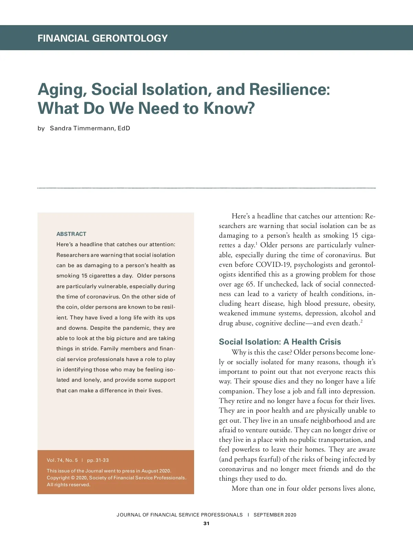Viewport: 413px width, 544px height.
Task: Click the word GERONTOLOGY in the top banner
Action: point(130,38)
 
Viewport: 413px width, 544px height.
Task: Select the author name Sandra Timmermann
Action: point(82,129)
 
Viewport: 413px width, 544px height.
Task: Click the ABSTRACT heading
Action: point(71,234)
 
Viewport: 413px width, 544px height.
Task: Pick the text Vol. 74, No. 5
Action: point(62,460)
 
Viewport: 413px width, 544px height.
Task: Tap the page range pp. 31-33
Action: point(98,460)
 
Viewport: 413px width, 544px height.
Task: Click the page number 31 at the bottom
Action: point(206,524)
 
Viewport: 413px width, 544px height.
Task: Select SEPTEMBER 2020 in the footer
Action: point(275,515)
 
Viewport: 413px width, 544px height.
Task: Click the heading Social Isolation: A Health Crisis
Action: point(280,342)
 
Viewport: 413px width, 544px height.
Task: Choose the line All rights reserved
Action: point(68,485)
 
